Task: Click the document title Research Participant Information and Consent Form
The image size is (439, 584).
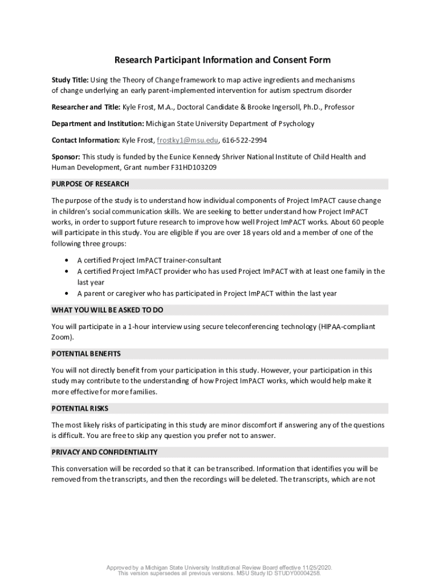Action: click(222, 60)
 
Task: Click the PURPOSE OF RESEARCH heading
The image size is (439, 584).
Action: click(90, 184)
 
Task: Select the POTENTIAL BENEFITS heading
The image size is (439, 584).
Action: click(86, 354)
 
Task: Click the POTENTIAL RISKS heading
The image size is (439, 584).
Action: click(80, 409)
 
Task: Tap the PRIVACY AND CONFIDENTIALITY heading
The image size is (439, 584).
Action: click(104, 452)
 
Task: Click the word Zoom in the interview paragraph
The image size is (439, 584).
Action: click(60, 338)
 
